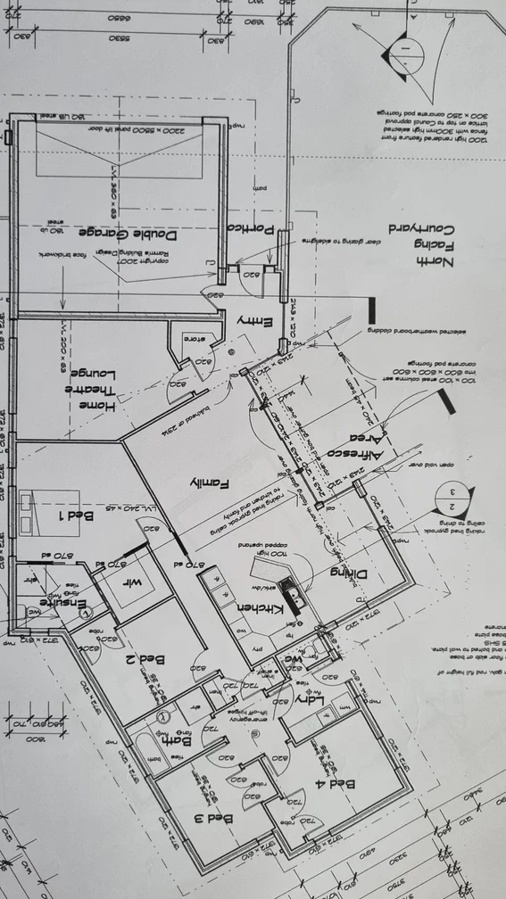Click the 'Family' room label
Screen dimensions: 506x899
coord(210,482)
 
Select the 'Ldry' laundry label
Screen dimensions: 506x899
coord(308,697)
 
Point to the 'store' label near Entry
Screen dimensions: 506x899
coord(194,339)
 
